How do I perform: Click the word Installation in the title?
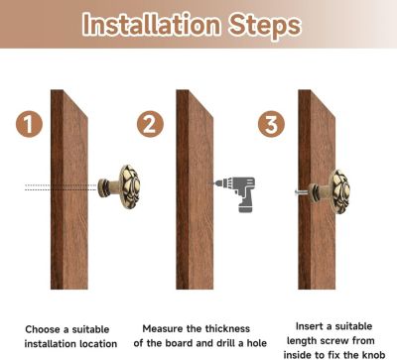pyautogui.click(x=151, y=24)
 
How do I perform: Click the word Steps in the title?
pyautogui.click(x=265, y=26)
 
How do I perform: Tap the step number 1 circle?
pyautogui.click(x=29, y=124)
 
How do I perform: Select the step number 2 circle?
pyautogui.click(x=150, y=124)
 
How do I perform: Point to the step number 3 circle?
pyautogui.click(x=271, y=124)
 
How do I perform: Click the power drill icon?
pyautogui.click(x=235, y=193)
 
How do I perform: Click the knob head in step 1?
pyautogui.click(x=129, y=187)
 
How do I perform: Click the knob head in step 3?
pyautogui.click(x=339, y=191)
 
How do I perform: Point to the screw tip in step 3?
pyautogui.click(x=296, y=191)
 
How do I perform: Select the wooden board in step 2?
pyautogui.click(x=195, y=189)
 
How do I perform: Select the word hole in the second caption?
pyautogui.click(x=257, y=343)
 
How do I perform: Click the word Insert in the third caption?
pyautogui.click(x=309, y=326)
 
